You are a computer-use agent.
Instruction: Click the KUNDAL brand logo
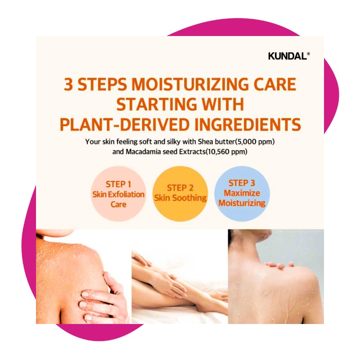289,56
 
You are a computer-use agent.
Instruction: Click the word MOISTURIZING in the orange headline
190,84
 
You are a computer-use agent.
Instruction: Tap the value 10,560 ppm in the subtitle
226,152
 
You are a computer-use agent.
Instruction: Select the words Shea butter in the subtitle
216,142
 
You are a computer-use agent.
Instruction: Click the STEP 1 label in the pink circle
118,184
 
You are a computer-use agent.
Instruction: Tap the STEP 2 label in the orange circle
180,188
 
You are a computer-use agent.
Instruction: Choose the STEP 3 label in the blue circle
242,183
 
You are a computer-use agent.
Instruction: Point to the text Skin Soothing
180,198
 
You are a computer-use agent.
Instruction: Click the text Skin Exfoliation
118,194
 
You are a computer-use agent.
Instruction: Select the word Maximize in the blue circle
242,193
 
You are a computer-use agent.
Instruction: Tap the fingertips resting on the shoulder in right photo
279,265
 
